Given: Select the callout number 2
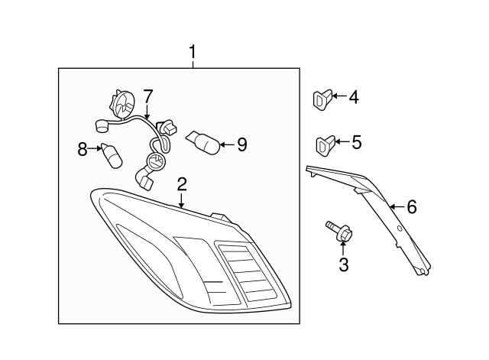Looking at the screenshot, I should (182, 183).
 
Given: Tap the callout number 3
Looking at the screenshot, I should (343, 265).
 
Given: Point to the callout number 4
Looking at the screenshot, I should (353, 97).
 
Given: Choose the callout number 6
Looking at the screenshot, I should (412, 206).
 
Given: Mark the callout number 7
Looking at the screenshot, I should (147, 96).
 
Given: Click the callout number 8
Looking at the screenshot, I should (83, 149).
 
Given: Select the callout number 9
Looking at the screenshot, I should (241, 144).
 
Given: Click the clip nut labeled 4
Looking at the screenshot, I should (322, 99).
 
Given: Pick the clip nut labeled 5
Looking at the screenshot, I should (324, 143).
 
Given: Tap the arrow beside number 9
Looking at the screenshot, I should (227, 143).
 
